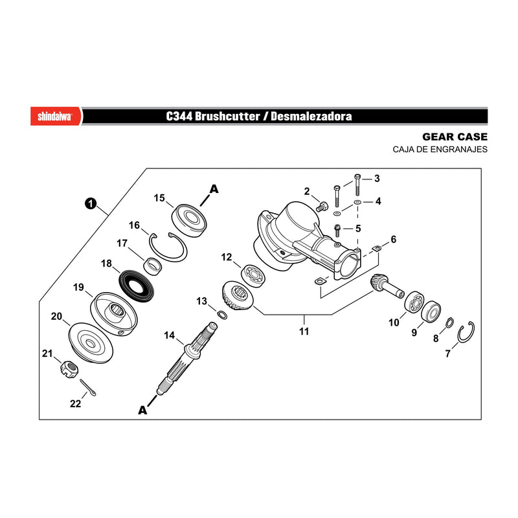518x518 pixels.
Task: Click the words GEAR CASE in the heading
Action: [x=455, y=137]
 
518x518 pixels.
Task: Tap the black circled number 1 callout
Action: [x=91, y=203]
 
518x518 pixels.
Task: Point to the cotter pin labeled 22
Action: [x=88, y=387]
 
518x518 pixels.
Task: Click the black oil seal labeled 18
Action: [x=136, y=286]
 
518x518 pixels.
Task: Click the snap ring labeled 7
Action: [x=466, y=332]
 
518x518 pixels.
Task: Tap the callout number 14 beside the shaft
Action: [x=169, y=335]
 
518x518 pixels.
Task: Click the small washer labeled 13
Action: [x=222, y=315]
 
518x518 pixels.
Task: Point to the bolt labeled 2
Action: [x=322, y=206]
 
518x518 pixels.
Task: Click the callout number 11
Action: [x=304, y=331]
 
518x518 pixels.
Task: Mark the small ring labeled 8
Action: [x=449, y=322]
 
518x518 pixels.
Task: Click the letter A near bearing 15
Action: [x=214, y=189]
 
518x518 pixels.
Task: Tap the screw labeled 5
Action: [x=337, y=230]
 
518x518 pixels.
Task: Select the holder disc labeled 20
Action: [x=91, y=343]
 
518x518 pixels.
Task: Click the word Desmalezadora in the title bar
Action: [x=311, y=117]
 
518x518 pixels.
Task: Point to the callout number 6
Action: [x=393, y=239]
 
